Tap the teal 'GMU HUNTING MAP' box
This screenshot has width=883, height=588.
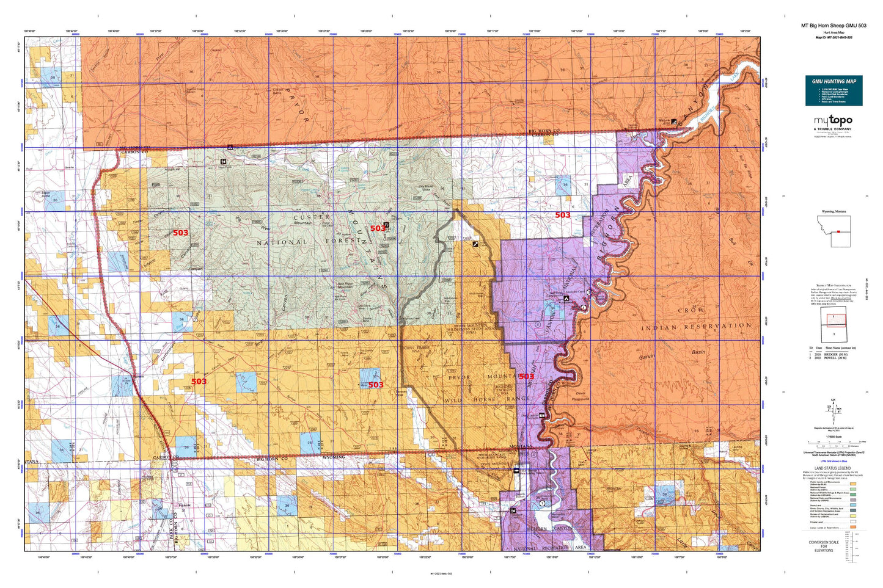point(834,90)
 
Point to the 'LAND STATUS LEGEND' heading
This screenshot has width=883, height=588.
point(834,468)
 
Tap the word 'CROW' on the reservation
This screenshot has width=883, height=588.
point(691,310)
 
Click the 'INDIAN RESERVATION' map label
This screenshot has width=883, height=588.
point(696,327)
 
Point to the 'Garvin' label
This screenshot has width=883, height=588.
point(647,357)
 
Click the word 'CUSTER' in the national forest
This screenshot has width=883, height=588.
point(312,217)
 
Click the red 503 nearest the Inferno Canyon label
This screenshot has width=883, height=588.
point(180,233)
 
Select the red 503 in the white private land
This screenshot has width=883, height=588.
point(562,215)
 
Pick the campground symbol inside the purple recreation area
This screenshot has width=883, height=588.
point(566,299)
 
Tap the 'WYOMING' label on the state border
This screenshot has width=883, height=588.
point(334,457)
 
